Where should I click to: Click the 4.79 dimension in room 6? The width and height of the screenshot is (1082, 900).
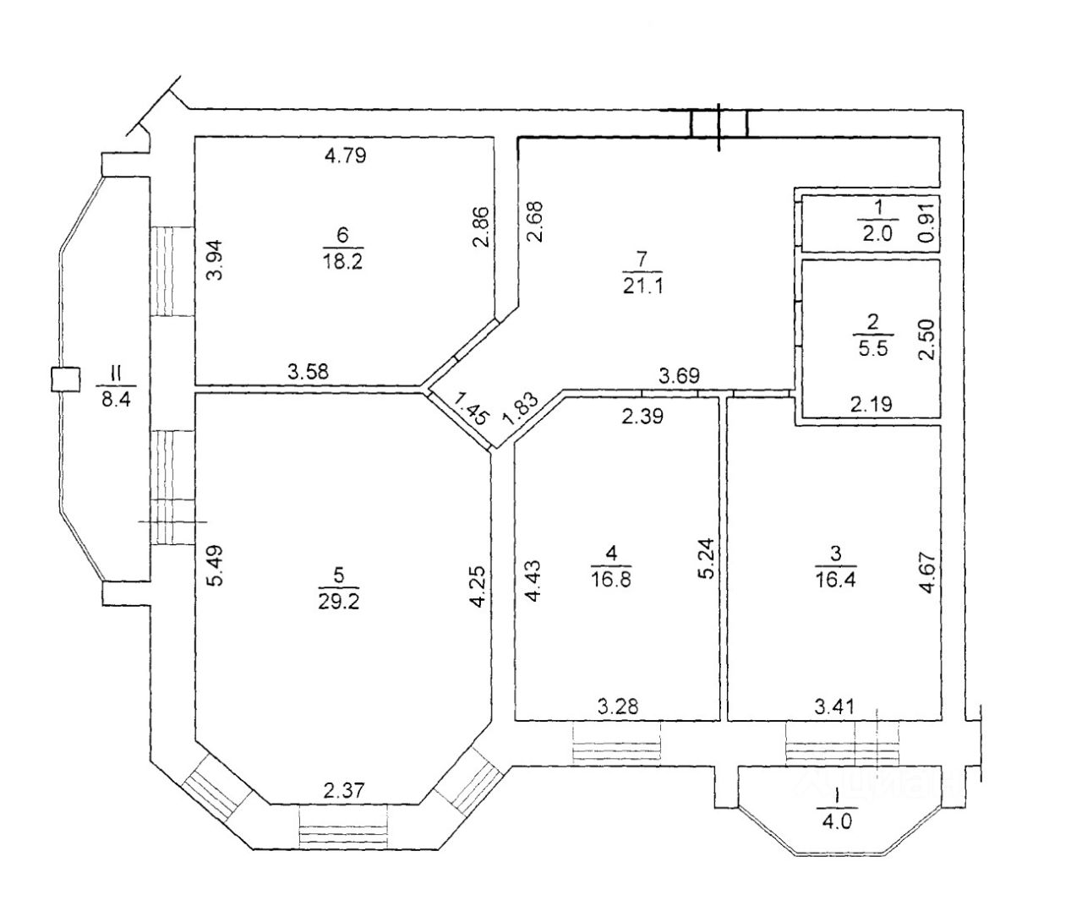click(x=345, y=155)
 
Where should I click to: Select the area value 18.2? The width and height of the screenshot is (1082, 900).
click(x=342, y=260)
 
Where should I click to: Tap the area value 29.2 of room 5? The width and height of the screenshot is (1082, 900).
click(x=339, y=602)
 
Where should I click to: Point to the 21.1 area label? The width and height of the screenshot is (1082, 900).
click(x=642, y=286)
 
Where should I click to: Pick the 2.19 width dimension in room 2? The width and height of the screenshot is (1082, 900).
click(x=872, y=404)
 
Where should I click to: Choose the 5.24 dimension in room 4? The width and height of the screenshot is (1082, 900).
click(x=708, y=558)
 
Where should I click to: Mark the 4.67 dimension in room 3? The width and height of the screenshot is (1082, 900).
click(x=929, y=573)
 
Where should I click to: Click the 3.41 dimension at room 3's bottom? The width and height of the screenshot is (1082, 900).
click(x=834, y=706)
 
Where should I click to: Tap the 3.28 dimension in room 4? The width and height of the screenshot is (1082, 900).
click(x=618, y=706)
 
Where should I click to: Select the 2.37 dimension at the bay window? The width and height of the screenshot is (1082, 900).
click(x=344, y=790)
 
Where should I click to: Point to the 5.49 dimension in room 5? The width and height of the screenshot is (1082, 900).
click(x=215, y=565)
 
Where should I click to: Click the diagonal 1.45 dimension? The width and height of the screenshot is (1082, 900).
click(x=471, y=409)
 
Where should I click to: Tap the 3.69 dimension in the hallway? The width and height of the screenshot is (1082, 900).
click(x=680, y=375)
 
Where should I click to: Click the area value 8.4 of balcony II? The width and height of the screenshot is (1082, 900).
click(x=116, y=400)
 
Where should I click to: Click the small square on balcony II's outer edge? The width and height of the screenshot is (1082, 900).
click(x=66, y=379)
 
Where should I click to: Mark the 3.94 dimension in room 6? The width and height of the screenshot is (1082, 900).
click(x=215, y=259)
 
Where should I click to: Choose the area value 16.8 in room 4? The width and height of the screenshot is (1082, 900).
click(x=611, y=579)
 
